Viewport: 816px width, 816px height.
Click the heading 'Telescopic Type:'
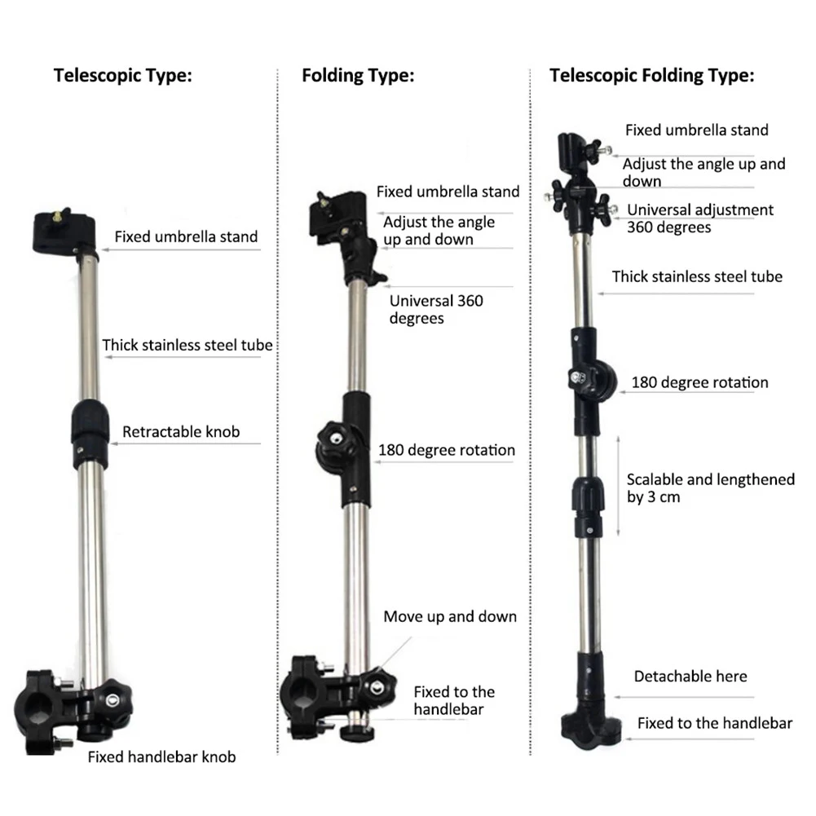point(123,77)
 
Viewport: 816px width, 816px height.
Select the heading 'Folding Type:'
point(358,77)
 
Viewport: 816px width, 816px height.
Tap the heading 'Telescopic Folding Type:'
point(651,77)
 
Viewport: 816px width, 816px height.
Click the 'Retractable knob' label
point(181,431)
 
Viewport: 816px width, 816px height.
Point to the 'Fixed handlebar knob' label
point(161,757)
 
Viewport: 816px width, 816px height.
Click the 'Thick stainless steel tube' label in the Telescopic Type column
point(187,345)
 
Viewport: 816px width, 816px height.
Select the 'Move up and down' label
point(450,616)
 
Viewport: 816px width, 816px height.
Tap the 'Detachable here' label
point(690,676)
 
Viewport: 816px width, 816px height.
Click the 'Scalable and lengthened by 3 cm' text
point(710,488)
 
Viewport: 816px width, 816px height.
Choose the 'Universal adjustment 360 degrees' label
point(699,218)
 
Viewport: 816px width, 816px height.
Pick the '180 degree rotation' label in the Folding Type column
point(447,450)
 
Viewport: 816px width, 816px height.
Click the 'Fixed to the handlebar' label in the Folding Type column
point(453,700)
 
